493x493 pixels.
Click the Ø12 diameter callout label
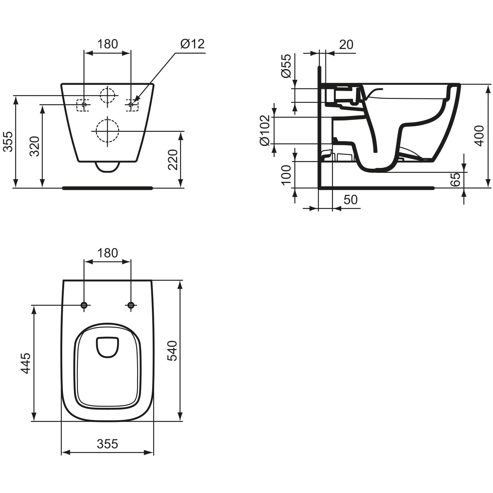[x=193, y=43]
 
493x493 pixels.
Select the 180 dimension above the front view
[x=108, y=43]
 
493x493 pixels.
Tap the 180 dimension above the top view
[x=108, y=253]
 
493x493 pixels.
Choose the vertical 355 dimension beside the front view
[x=8, y=142]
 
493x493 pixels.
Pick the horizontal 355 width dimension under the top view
[x=107, y=444]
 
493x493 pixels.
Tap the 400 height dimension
[x=480, y=135]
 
